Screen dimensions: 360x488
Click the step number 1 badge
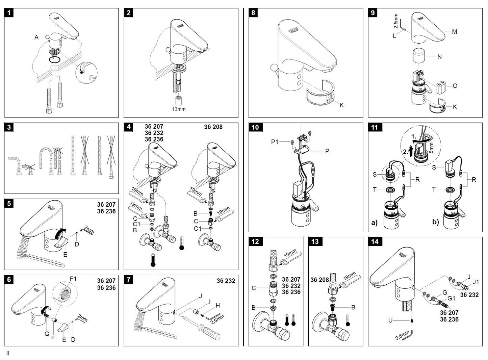(9, 13)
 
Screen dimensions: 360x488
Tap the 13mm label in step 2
(179, 109)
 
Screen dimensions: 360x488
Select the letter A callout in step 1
(36, 37)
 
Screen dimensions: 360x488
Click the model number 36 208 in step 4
(213, 127)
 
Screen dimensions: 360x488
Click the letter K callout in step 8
(341, 105)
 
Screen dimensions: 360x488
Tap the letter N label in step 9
(439, 57)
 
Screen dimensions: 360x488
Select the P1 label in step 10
(275, 142)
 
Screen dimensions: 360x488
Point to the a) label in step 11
(374, 223)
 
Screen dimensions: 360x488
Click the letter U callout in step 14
(390, 320)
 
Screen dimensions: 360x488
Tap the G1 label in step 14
(451, 299)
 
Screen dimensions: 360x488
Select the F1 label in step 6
(73, 279)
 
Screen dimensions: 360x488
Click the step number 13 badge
(315, 241)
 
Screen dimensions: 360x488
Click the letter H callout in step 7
(218, 305)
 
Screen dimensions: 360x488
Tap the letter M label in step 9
(454, 32)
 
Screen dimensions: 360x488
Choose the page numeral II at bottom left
(8, 353)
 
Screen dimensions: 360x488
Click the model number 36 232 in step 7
(226, 281)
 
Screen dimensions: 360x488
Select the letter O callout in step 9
(455, 86)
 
